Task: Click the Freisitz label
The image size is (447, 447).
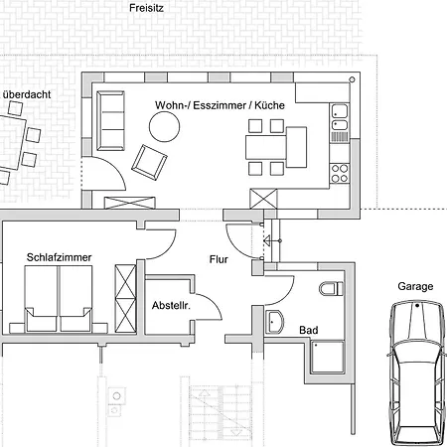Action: click(146, 8)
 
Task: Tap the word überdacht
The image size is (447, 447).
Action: click(27, 94)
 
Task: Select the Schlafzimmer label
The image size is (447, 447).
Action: click(59, 257)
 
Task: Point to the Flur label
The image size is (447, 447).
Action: click(219, 259)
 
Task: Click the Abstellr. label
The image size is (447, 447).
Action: click(171, 305)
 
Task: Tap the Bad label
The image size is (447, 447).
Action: click(309, 330)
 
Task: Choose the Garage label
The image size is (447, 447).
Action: click(415, 286)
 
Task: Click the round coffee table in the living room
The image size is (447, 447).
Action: click(164, 126)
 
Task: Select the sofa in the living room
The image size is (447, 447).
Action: click(110, 121)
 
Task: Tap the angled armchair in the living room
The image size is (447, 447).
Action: click(149, 162)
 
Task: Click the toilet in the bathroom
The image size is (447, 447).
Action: click(331, 289)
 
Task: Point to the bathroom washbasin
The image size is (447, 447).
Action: click(274, 322)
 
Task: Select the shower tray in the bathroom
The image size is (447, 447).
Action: click(327, 357)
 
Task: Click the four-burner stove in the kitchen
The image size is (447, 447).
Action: click(340, 174)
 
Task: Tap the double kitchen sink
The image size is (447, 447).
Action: click(340, 117)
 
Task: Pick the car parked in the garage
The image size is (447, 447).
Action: click(416, 373)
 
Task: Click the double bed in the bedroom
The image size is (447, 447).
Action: click(59, 299)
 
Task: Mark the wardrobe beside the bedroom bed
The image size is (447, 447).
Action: click(125, 298)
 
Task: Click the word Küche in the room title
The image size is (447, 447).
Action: click(269, 105)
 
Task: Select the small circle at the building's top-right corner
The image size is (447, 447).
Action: click(352, 79)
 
